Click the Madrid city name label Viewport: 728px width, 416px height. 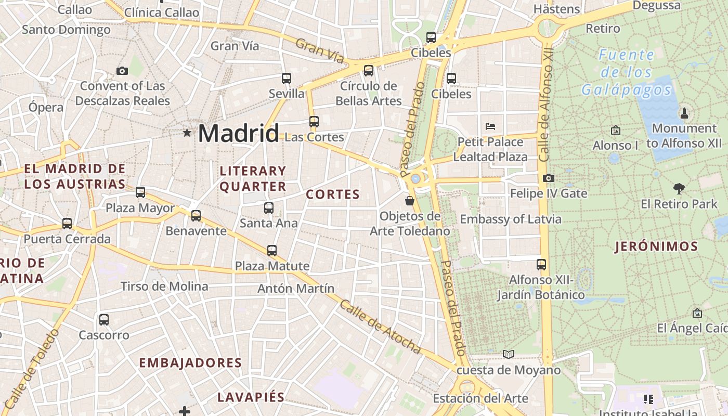coord(238,134)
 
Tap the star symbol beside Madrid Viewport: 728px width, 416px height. coord(187,133)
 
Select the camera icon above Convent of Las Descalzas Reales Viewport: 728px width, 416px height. coord(122,71)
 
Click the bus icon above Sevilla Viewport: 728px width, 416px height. coord(287,79)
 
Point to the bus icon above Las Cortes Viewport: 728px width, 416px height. coord(314,122)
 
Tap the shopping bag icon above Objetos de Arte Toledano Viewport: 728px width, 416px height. coord(410,201)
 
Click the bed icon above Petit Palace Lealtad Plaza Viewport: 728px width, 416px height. coord(490,126)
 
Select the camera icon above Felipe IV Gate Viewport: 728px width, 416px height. coord(548,178)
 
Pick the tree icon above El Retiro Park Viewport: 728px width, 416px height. coord(679,188)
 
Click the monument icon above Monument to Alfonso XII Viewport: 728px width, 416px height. coord(684,113)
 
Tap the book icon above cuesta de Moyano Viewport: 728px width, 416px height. coord(508,355)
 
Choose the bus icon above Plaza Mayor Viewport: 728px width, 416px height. coord(140,192)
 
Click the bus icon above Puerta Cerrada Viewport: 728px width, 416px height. coord(67,224)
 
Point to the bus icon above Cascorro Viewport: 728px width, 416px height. coord(104,319)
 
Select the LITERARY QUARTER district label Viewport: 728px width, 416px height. coord(253,178)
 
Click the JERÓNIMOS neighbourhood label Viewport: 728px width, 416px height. coord(656,246)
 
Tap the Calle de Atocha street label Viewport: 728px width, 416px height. coord(380,327)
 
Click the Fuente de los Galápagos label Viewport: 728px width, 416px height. coord(626,72)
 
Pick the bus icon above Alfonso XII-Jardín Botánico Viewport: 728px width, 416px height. coord(541,265)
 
